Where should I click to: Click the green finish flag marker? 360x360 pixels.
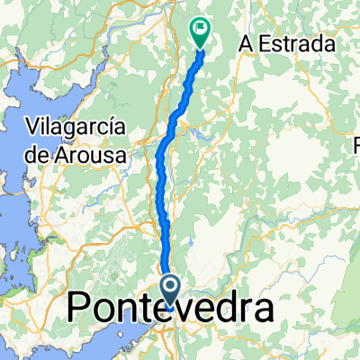[x=199, y=32]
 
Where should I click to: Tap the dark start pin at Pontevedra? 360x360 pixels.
[x=171, y=289]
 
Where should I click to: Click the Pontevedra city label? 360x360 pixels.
[x=171, y=311]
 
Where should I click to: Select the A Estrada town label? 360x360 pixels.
[x=287, y=44]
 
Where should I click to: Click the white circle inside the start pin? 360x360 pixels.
[x=171, y=285]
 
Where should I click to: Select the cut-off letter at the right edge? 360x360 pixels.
[x=355, y=143]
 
